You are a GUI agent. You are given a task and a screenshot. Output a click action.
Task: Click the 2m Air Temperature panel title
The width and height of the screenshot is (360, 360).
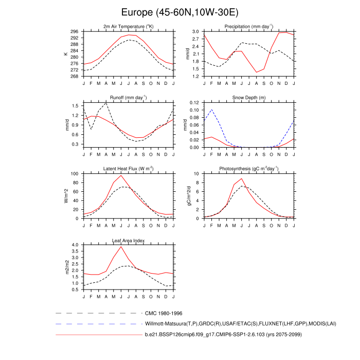(x=129, y=26)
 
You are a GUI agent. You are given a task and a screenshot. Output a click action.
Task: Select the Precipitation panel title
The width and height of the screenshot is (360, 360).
(x=248, y=26)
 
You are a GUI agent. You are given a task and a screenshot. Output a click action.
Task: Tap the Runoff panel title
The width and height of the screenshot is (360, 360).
(x=129, y=97)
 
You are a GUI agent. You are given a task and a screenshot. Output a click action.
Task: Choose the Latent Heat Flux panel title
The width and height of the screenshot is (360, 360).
(x=129, y=169)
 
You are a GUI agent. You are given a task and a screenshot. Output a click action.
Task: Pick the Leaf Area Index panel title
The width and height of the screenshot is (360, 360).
(x=129, y=240)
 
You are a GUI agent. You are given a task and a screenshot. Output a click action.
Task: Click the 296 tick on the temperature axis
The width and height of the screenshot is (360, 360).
(x=75, y=31)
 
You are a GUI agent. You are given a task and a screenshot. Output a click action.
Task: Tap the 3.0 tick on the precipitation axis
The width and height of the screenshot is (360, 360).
(x=195, y=31)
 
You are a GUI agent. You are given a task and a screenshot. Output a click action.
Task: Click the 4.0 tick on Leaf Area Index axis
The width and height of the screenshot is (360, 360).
(x=76, y=245)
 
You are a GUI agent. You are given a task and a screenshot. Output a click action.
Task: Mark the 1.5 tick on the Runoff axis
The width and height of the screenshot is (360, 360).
(x=76, y=105)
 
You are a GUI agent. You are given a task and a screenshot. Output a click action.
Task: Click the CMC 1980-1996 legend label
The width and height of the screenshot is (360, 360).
(x=164, y=313)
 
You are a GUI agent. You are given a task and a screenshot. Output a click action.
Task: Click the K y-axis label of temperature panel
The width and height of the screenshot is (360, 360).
(x=65, y=53)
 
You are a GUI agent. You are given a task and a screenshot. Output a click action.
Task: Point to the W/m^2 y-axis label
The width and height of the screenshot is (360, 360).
(x=66, y=196)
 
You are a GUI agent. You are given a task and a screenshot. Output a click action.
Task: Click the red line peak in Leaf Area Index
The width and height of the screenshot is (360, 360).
(x=121, y=247)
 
